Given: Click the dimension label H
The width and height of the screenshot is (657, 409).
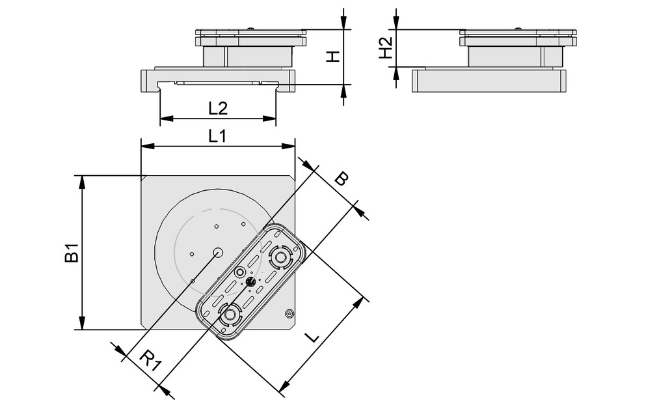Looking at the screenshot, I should (333, 57).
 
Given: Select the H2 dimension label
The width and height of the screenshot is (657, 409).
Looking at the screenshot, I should (386, 48).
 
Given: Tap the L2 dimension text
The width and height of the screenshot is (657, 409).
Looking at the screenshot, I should (218, 108).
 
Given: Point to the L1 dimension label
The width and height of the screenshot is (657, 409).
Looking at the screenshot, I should (218, 136).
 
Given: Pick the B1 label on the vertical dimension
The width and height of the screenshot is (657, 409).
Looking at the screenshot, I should (72, 253).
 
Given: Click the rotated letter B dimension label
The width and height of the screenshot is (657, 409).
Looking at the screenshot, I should (340, 178).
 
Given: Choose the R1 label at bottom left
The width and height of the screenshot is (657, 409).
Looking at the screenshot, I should (150, 360).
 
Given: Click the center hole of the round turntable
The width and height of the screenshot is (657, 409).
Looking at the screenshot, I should (218, 252).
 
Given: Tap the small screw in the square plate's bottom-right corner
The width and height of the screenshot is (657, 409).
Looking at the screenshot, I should (288, 315).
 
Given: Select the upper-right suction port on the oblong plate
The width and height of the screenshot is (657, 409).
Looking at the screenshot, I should (280, 257).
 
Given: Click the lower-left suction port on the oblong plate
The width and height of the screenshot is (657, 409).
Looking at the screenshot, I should (229, 315).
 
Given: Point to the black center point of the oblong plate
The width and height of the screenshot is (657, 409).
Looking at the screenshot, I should (250, 282).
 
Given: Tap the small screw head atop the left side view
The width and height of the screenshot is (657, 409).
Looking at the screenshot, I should (250, 28).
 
